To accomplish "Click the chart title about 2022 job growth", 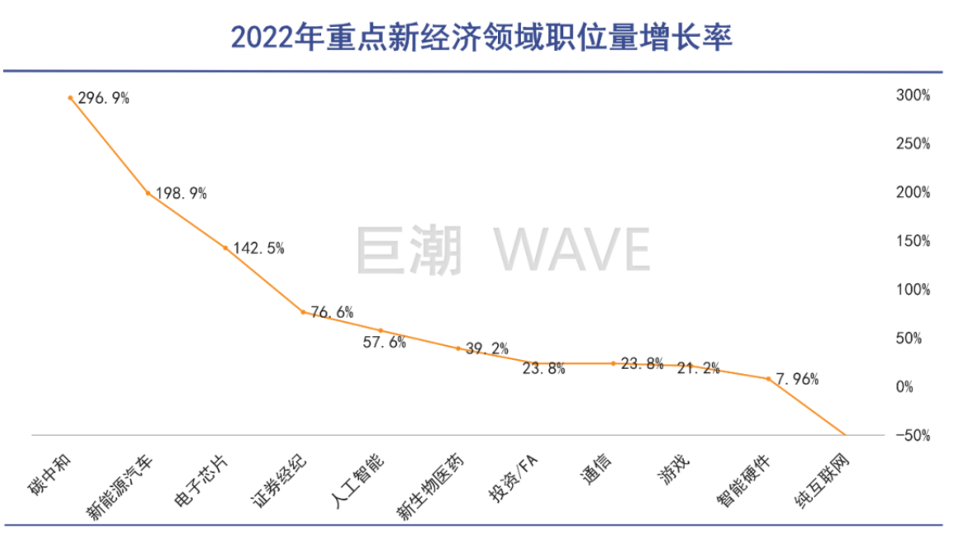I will (x=481, y=37).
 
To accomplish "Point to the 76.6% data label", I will (x=332, y=312).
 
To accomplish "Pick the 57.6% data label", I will (x=384, y=343).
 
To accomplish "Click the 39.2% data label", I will (x=488, y=348).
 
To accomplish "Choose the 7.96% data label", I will (x=798, y=380).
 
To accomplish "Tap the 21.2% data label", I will (x=698, y=368).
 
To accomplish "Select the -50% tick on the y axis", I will (x=912, y=435).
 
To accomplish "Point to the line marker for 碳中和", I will (x=70, y=97).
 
